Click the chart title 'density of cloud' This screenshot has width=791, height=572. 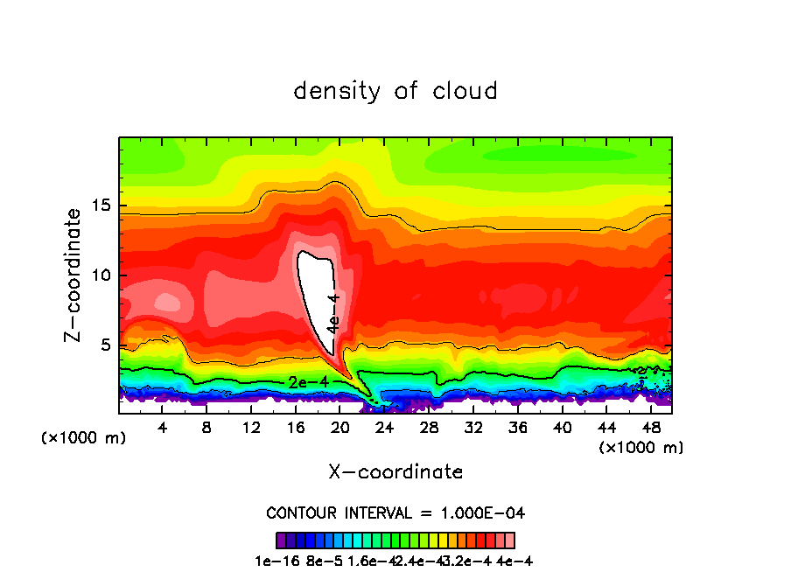395,91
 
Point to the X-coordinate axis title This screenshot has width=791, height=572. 395,472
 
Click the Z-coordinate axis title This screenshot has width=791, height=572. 73,275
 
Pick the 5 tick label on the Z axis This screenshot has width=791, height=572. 101,345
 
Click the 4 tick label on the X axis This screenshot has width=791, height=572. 163,429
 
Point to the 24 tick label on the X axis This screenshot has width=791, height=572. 385,429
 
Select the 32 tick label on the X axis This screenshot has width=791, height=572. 473,429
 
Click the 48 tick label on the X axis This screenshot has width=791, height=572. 651,429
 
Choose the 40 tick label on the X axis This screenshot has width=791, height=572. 563,429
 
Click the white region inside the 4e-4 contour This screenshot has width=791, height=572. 314,289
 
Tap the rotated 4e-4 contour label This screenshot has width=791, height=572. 332,313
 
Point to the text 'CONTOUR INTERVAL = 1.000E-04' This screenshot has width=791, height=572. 395,513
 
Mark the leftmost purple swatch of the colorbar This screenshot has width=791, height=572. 280,540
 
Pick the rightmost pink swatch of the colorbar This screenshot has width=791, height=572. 510,540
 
